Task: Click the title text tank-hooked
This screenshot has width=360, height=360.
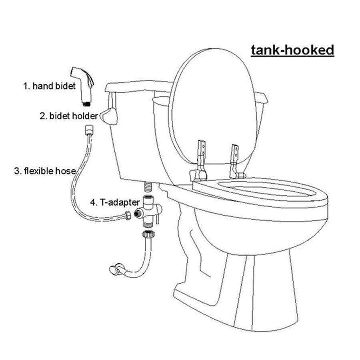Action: pyautogui.click(x=292, y=50)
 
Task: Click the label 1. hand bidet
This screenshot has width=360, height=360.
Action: pyautogui.click(x=50, y=86)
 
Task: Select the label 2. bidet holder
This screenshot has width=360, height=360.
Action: pyautogui.click(x=68, y=116)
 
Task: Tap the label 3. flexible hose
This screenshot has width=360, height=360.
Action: pyautogui.click(x=45, y=171)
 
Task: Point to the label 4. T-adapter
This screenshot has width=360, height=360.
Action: pyautogui.click(x=114, y=202)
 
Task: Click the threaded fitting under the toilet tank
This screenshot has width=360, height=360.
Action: pyautogui.click(x=148, y=186)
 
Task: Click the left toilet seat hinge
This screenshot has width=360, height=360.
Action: pyautogui.click(x=200, y=160)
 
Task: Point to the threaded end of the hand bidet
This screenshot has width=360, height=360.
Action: pyautogui.click(x=86, y=103)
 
